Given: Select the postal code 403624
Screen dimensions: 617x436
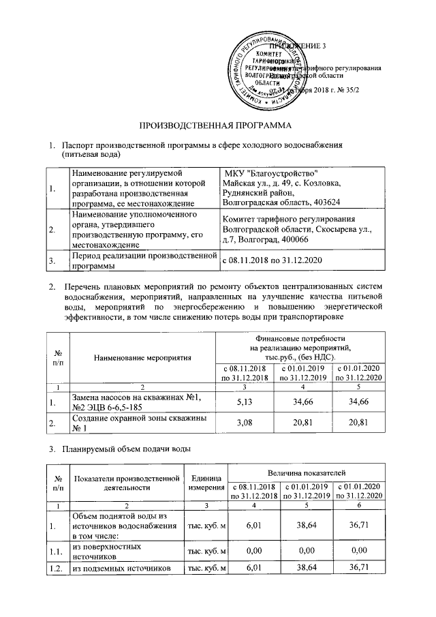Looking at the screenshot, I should point(326,202).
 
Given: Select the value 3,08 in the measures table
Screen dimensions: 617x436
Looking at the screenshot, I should point(244,425).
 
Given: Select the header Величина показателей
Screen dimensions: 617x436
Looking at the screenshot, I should point(310,472).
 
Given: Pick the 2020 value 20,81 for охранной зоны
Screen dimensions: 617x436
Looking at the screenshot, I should point(358,425).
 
